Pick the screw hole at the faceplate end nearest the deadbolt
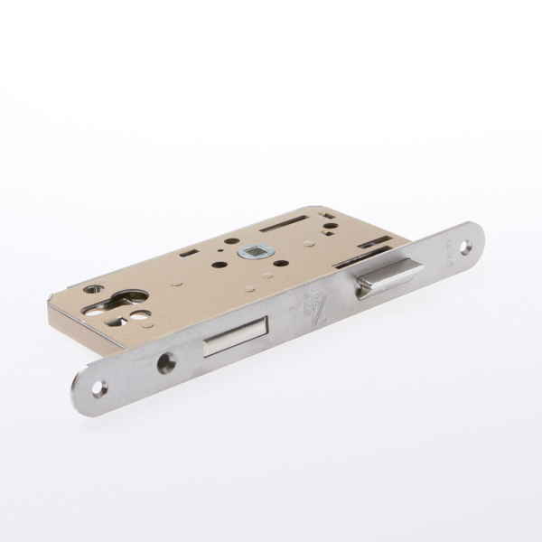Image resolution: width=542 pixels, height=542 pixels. [x=98, y=389]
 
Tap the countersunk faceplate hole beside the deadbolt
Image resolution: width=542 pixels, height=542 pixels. [x=164, y=363]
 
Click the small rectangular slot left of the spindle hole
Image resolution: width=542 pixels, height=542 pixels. [x=188, y=253]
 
